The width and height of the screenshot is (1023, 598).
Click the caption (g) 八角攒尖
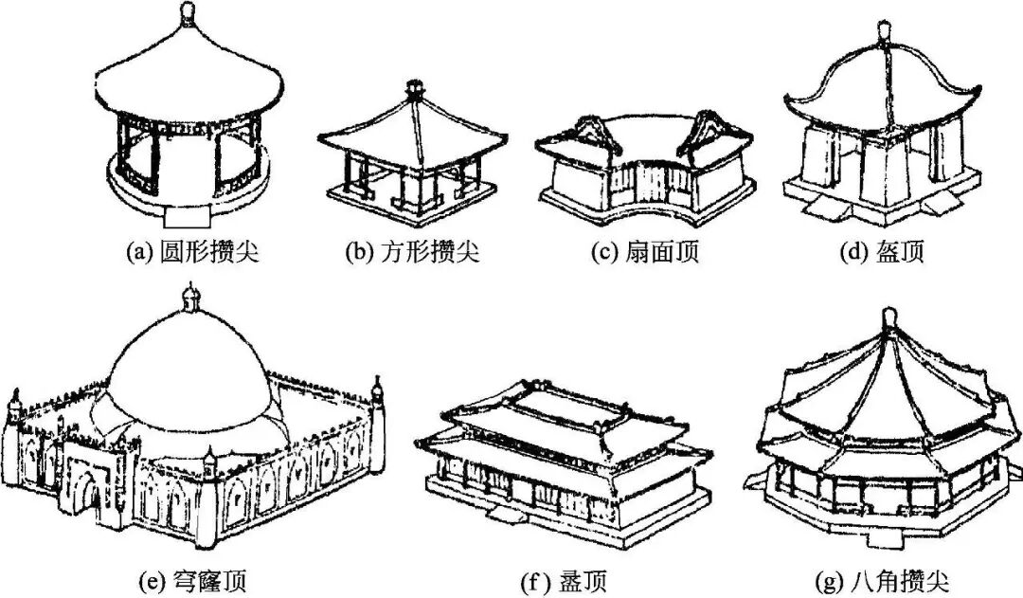click(x=881, y=578)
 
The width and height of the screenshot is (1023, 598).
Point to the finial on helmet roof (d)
click(x=887, y=30)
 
